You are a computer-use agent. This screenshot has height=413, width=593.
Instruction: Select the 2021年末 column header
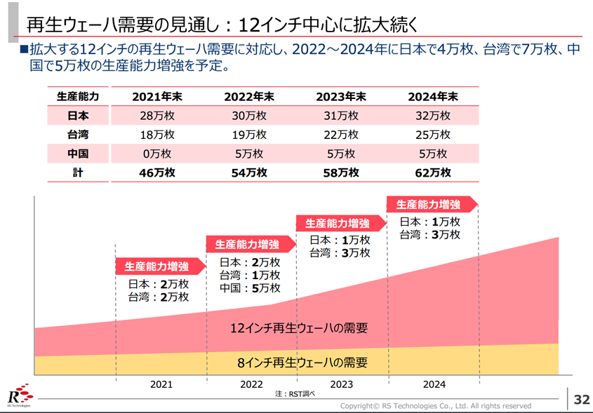(x=158, y=97)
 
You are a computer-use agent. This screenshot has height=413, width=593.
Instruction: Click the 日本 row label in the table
(x=78, y=116)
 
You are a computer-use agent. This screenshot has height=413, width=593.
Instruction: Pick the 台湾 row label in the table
(x=78, y=135)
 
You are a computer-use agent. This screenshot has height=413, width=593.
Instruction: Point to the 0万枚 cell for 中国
(x=158, y=154)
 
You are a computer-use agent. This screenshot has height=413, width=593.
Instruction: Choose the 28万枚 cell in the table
(x=158, y=116)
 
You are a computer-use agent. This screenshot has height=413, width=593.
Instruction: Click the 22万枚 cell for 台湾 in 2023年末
(x=341, y=135)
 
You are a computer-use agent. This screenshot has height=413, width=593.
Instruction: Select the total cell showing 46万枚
(x=158, y=172)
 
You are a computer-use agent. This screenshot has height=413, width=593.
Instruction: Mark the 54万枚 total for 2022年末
(x=249, y=172)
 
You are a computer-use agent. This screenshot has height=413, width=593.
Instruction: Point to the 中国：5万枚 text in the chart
(x=250, y=287)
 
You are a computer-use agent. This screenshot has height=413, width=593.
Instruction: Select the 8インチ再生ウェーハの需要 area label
(x=302, y=363)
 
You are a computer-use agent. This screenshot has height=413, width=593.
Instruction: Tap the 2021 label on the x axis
(x=161, y=384)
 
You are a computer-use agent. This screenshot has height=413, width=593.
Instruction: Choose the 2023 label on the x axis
(x=341, y=384)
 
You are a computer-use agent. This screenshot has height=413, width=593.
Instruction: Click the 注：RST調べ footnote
(x=295, y=395)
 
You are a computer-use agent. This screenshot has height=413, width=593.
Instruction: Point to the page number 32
(x=581, y=399)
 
